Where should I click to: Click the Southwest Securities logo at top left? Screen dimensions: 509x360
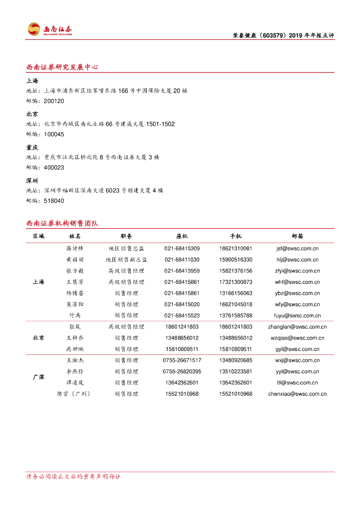point(50,29)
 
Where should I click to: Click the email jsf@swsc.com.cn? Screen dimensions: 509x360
point(297,249)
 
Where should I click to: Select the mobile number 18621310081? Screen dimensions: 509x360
point(235,249)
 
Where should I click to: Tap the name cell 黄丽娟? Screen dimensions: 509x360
point(75,259)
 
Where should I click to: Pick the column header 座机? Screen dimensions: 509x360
point(182,236)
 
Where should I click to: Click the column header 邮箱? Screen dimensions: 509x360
point(297,236)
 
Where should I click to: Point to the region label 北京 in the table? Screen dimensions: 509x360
point(38,338)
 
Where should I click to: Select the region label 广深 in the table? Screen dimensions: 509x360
point(38,377)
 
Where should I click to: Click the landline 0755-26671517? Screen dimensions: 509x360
point(182,360)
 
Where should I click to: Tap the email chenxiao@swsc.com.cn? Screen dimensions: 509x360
point(297,394)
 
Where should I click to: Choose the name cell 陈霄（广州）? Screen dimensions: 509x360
point(75,394)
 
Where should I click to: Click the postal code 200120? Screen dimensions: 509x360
point(54,101)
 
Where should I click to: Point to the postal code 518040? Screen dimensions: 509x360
point(54,201)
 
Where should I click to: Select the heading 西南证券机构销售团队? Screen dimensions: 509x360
point(62,223)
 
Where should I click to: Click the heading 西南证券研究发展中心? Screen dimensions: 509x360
point(62,67)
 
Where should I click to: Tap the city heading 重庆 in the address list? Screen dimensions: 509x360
point(32,148)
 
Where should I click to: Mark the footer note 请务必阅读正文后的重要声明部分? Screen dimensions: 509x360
point(73,476)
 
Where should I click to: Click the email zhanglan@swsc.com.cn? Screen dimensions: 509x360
point(297,327)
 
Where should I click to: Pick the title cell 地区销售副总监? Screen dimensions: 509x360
point(126,259)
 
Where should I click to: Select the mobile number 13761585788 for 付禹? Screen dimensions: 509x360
point(235,316)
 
